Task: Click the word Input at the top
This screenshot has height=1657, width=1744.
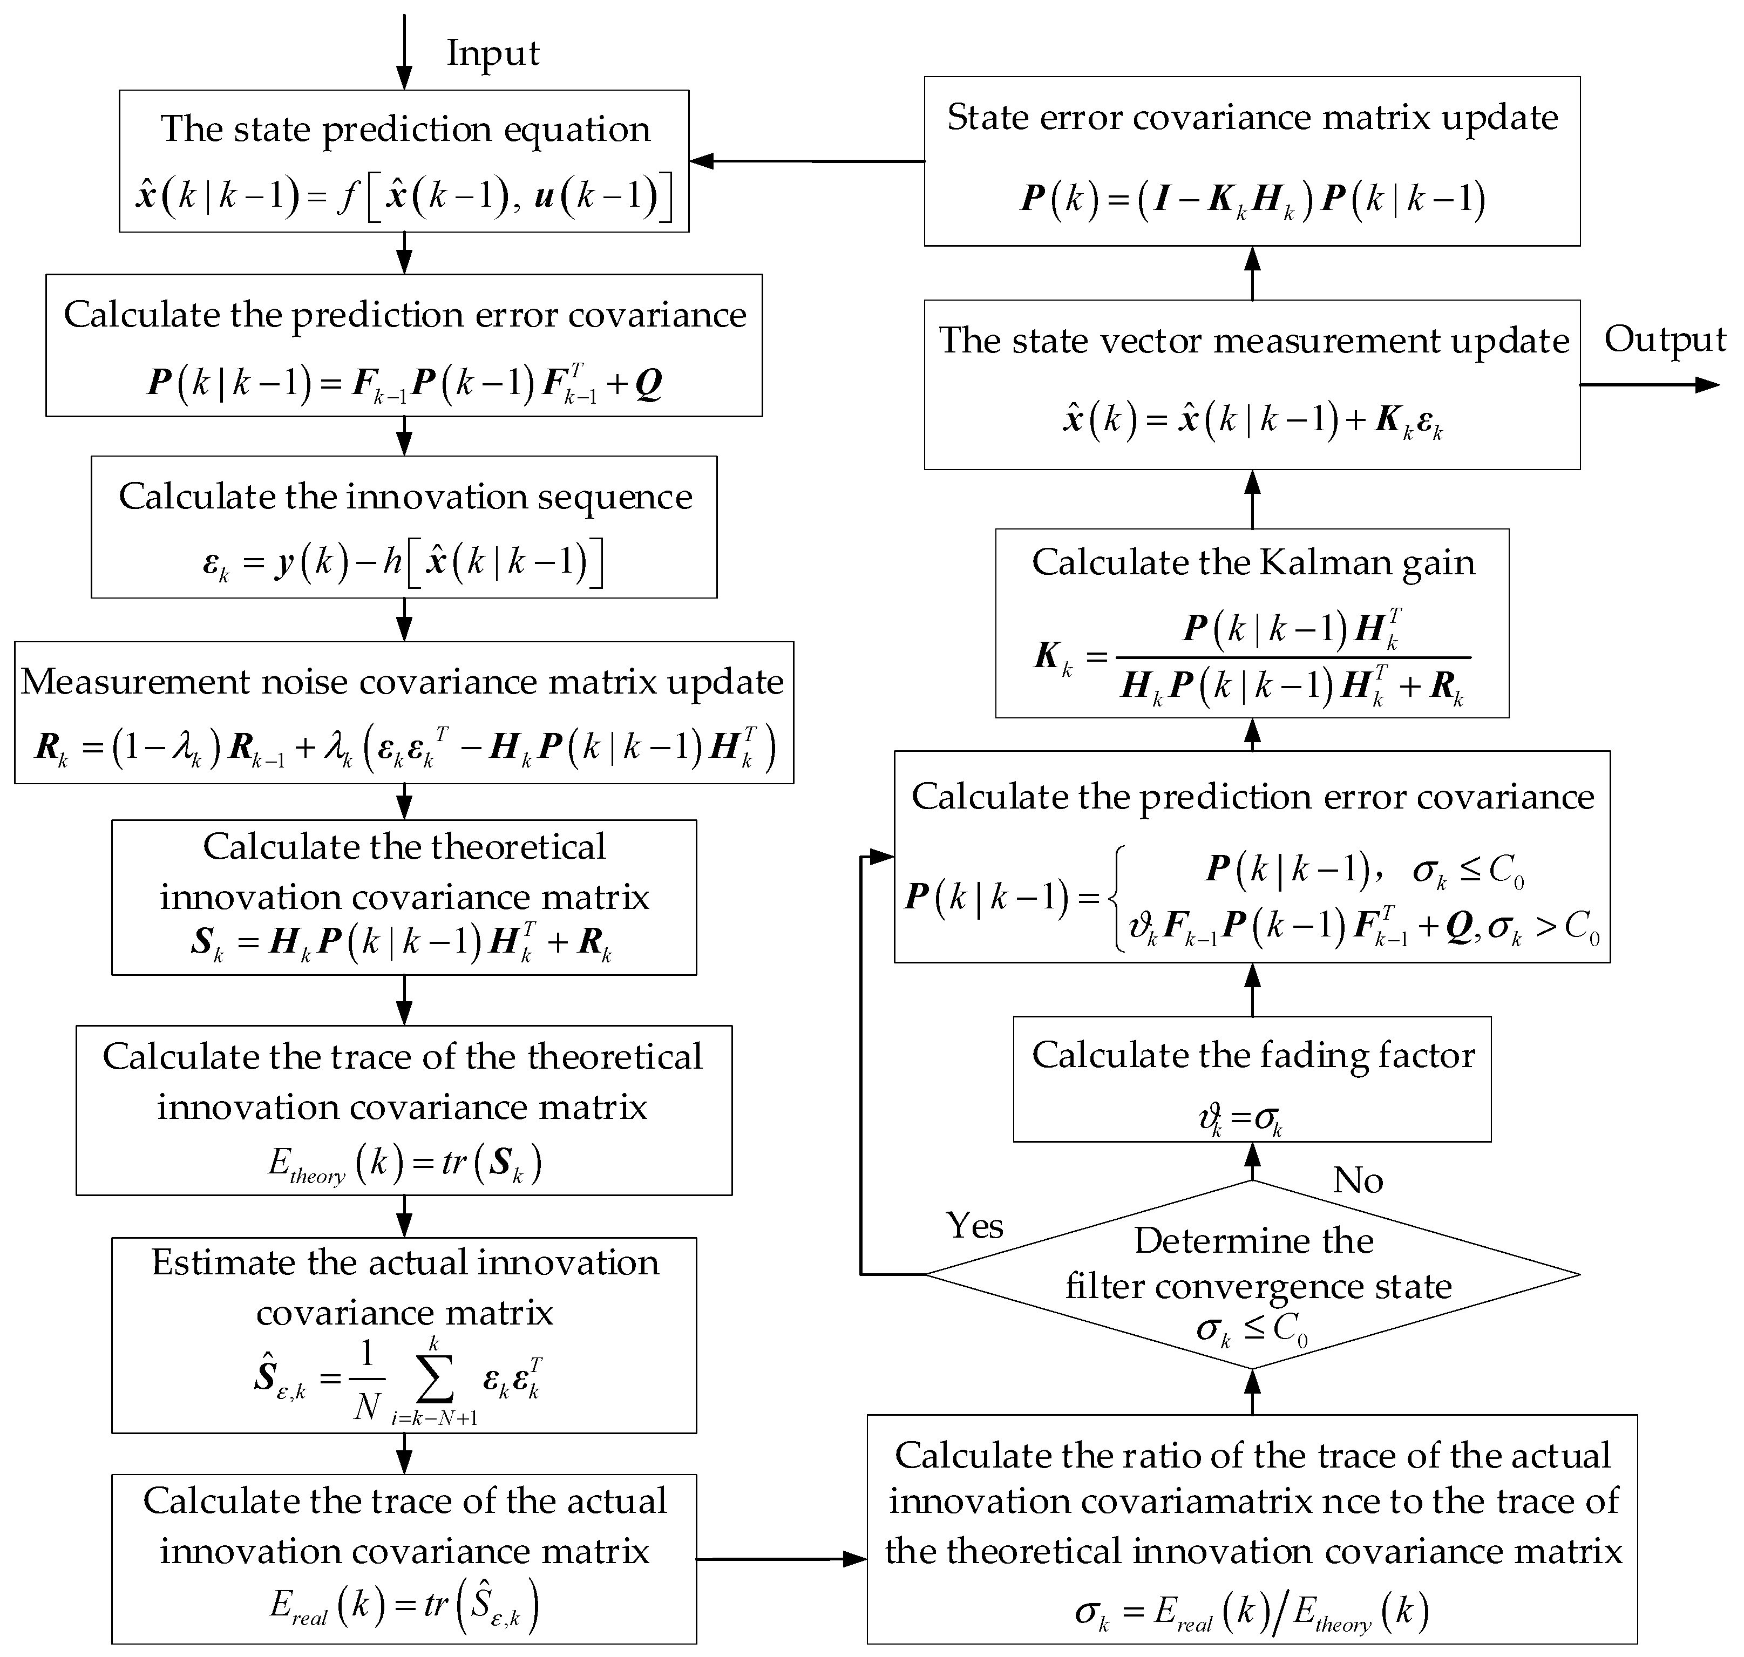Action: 492,53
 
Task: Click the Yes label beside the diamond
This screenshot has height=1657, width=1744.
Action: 974,1225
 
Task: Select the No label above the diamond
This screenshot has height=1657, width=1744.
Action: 1357,1180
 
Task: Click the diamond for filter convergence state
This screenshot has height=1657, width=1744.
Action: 1252,1274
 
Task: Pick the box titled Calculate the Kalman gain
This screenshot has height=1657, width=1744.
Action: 1252,623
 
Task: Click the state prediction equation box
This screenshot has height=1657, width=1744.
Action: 404,161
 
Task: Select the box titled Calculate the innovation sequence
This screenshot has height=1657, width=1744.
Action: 404,526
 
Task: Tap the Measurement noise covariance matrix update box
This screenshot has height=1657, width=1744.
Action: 404,712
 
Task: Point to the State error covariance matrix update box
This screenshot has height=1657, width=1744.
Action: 1252,161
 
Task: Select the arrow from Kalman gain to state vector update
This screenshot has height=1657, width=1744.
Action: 1252,499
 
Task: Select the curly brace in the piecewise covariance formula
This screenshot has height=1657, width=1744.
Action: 1116,898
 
